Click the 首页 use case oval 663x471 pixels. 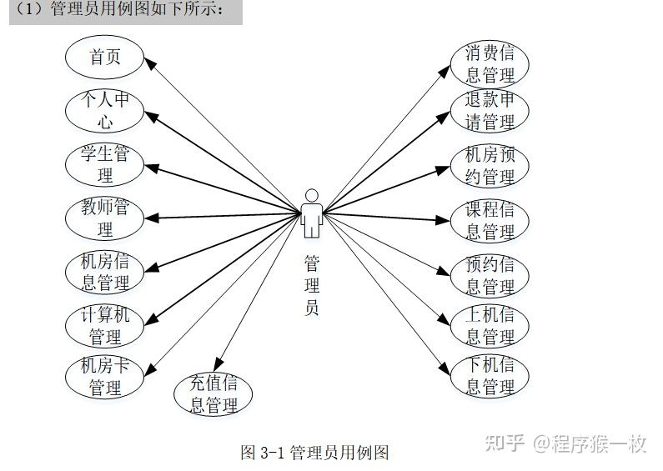tap(105, 58)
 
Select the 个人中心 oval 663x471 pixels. tap(105, 111)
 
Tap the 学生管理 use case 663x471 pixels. tap(105, 164)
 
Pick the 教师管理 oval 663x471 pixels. tap(105, 218)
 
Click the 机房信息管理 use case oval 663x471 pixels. tap(105, 272)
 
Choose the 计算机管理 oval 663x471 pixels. tap(105, 326)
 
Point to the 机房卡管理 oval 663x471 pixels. tap(105, 377)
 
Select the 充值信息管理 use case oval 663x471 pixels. tap(213, 394)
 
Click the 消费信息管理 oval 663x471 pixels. tap(490, 64)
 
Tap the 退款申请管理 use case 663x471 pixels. tap(490, 112)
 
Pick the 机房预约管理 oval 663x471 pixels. tap(490, 166)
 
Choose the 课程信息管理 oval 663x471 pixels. tap(490, 220)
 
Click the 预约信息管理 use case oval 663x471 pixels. tap(490, 276)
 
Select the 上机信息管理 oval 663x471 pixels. tap(490, 326)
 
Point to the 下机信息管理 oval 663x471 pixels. tap(490, 376)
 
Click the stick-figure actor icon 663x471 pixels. tap(312, 213)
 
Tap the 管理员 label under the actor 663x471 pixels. tap(312, 286)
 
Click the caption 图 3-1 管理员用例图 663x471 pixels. tap(314, 453)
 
